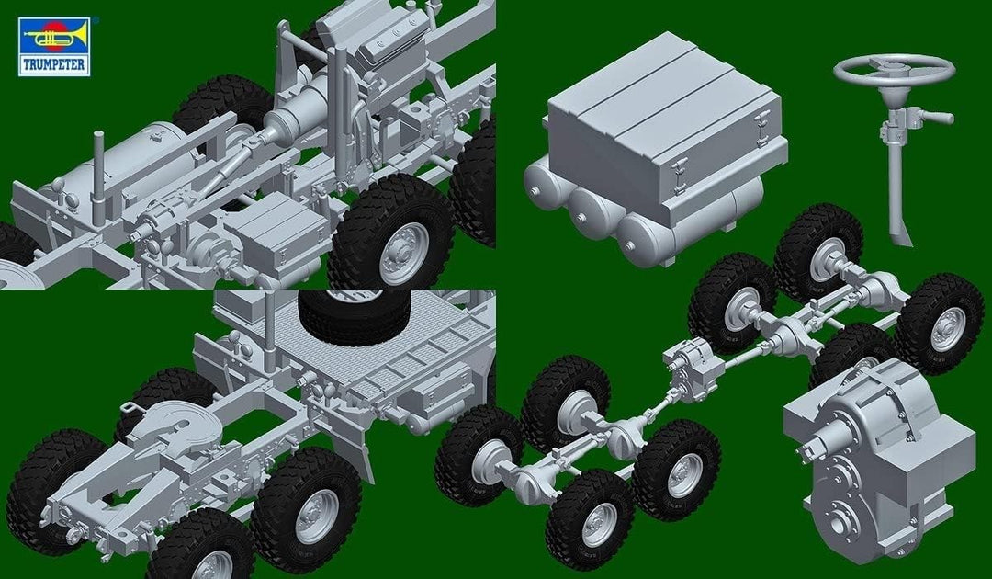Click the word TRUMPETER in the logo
54,64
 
